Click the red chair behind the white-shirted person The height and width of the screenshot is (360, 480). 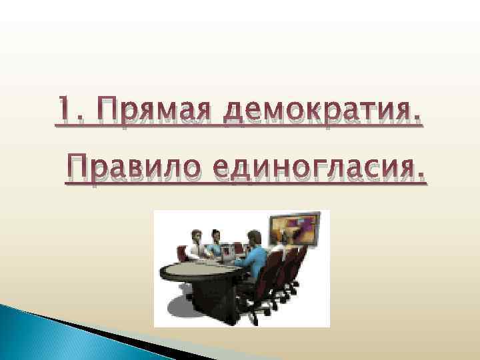[x=181, y=254]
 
